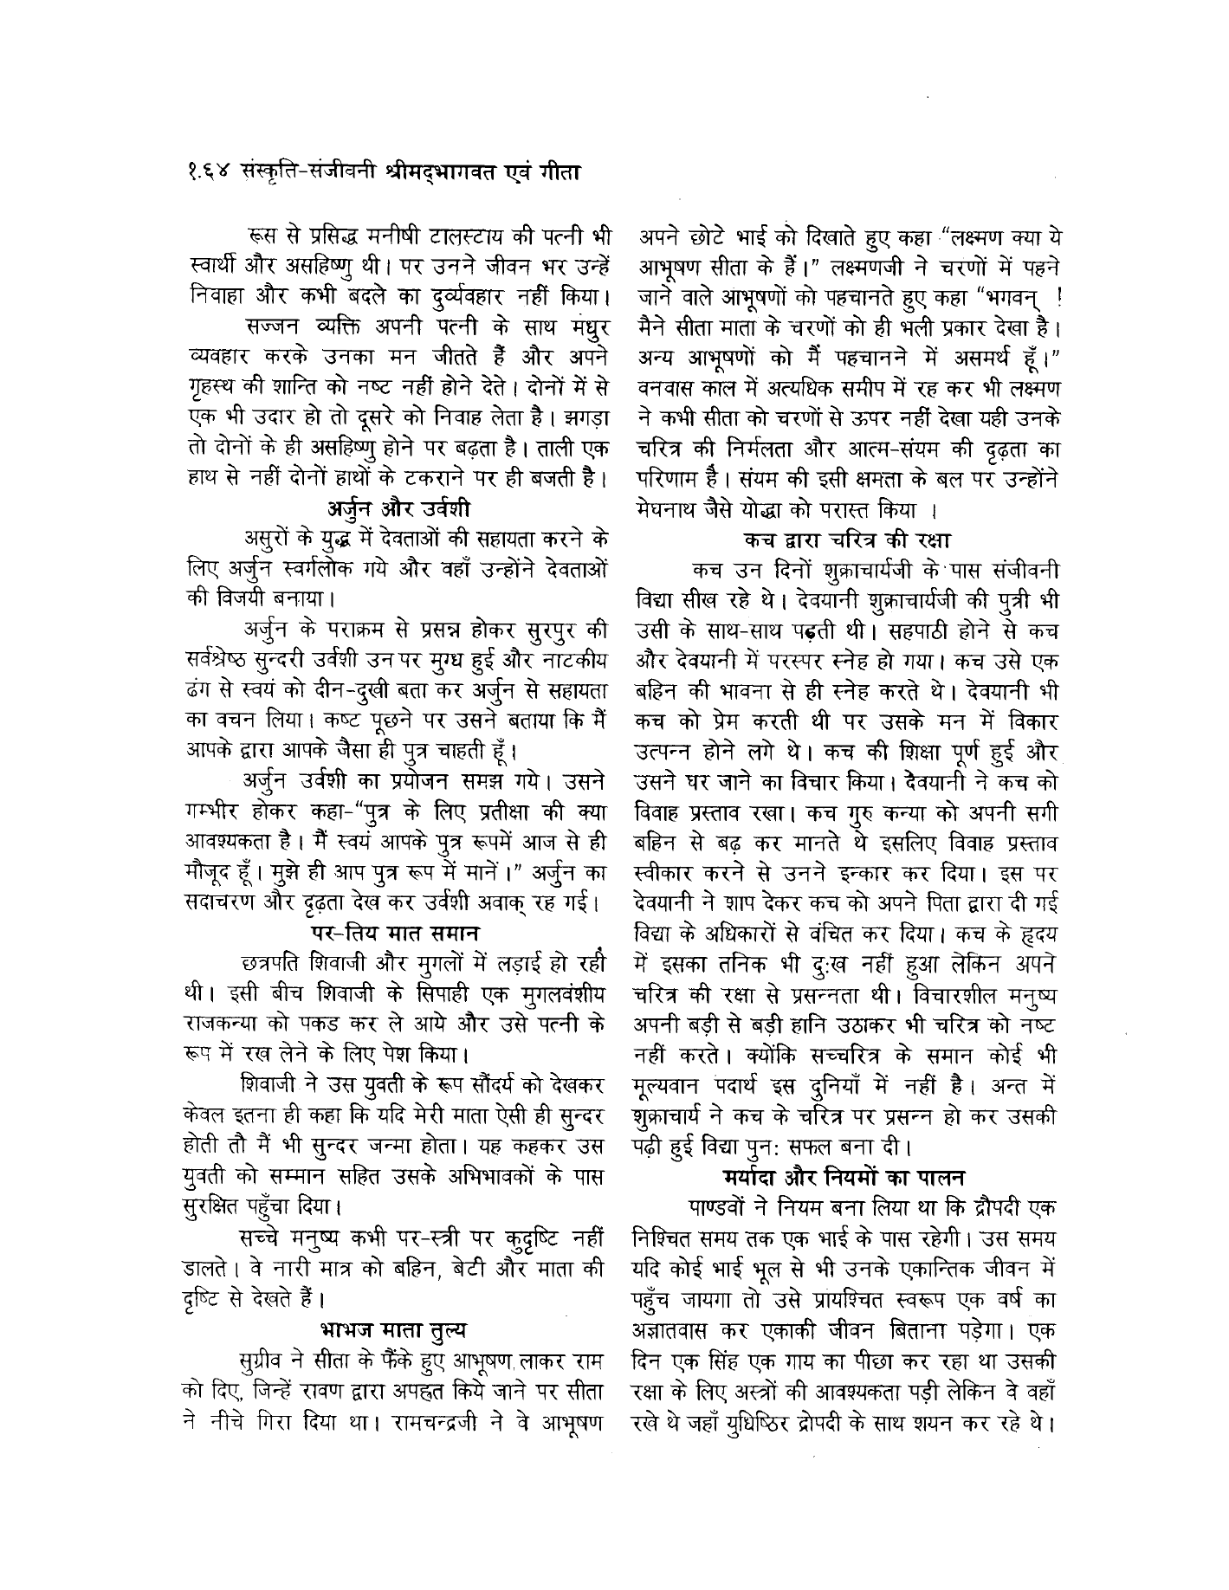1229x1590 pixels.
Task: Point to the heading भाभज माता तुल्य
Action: [395, 1327]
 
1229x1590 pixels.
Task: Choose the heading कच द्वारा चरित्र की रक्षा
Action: [847, 540]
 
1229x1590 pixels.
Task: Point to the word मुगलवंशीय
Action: [559, 994]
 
